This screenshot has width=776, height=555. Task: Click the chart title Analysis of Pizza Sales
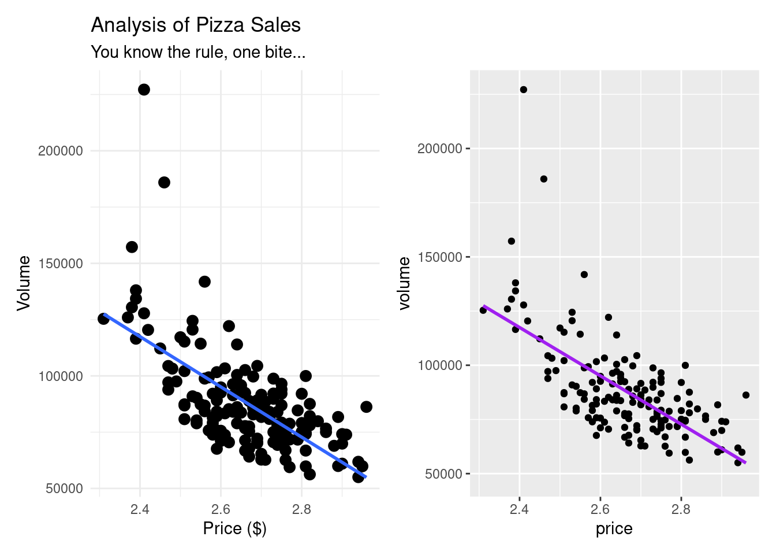[x=196, y=25]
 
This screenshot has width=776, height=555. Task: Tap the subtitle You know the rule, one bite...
[x=198, y=53]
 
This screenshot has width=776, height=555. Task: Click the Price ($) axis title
[x=234, y=528]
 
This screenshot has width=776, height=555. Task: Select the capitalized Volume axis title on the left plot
[x=24, y=283]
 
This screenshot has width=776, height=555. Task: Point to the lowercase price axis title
[x=614, y=528]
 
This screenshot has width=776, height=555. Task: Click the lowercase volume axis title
[x=404, y=283]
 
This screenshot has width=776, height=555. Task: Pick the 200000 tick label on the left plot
[x=61, y=151]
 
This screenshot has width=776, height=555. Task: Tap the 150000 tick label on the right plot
[x=440, y=257]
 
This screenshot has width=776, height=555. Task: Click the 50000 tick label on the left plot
[x=64, y=489]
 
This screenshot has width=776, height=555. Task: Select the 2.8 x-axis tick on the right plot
[x=681, y=510]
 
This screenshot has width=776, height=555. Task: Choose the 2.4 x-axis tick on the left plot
[x=140, y=509]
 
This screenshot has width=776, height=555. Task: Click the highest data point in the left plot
[x=144, y=90]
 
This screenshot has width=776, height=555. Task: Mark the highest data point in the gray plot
[x=523, y=90]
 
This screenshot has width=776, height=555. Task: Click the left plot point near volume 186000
[x=164, y=183]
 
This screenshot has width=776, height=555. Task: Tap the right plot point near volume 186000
[x=543, y=179]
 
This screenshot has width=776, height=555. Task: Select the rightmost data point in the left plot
[x=366, y=407]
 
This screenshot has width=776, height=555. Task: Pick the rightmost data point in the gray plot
[x=745, y=395]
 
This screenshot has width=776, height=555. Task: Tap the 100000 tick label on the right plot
[x=440, y=365]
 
